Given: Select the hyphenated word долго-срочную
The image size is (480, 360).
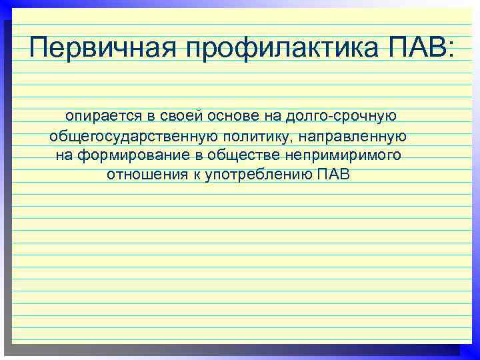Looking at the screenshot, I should [341, 117].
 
